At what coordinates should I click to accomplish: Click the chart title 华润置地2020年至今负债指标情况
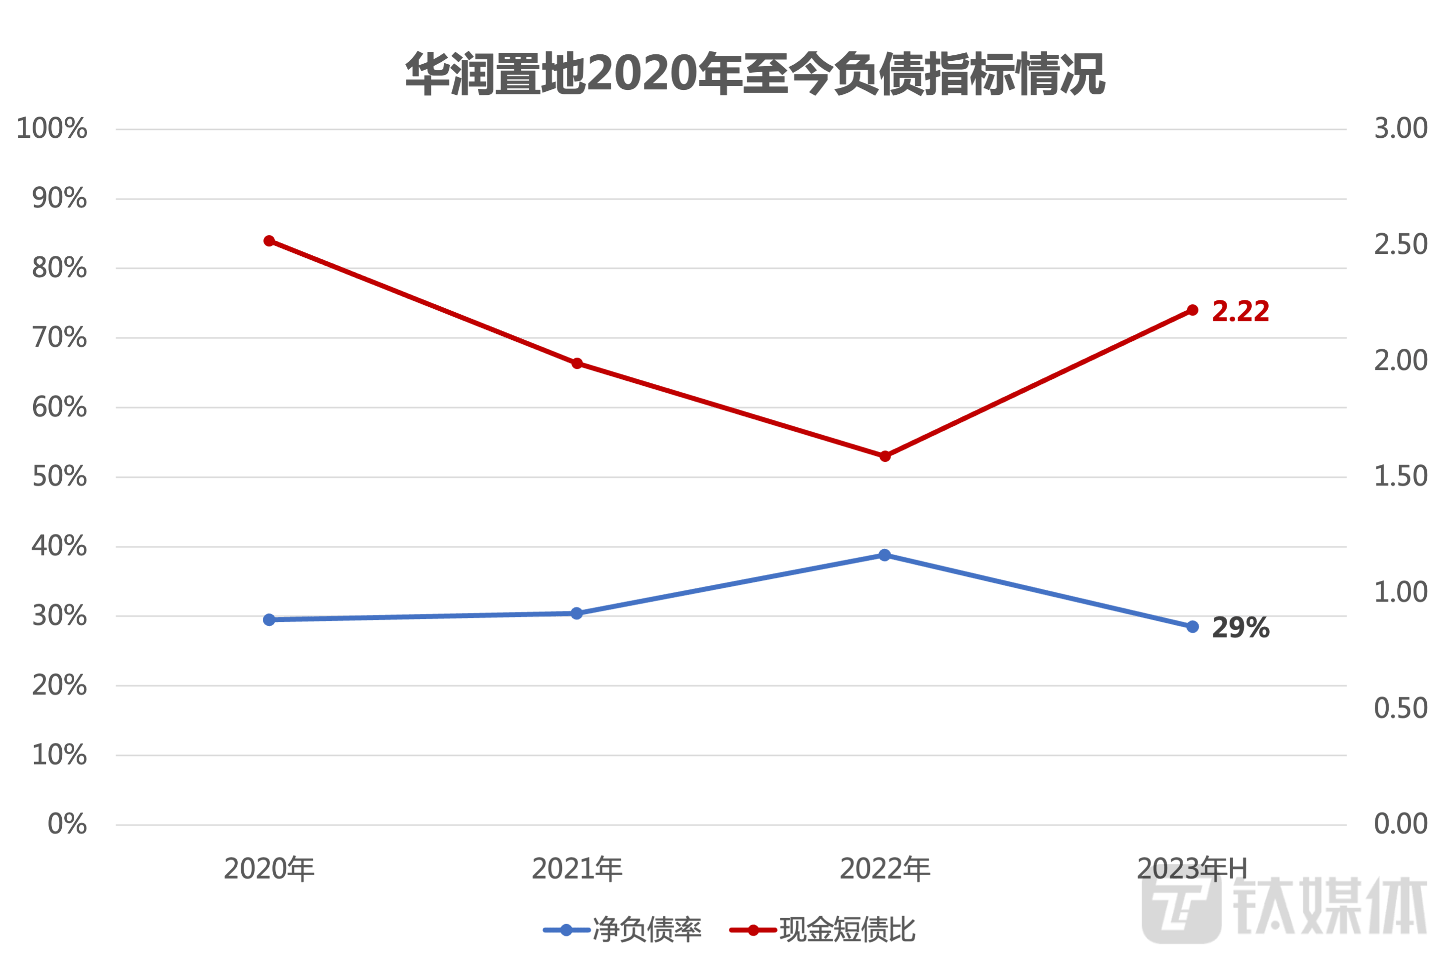click(755, 74)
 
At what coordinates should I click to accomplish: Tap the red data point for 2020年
click(269, 241)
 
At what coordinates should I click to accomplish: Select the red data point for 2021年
click(577, 364)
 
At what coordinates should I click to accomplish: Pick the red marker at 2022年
click(885, 456)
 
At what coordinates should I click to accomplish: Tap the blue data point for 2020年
click(269, 620)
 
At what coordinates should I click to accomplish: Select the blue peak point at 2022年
click(885, 555)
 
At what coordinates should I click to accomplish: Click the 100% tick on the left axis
click(52, 129)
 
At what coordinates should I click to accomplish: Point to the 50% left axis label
click(59, 477)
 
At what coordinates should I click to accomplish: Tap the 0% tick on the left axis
click(67, 824)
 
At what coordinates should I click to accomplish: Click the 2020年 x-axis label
click(269, 869)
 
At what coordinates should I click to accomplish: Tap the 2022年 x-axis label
click(885, 869)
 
